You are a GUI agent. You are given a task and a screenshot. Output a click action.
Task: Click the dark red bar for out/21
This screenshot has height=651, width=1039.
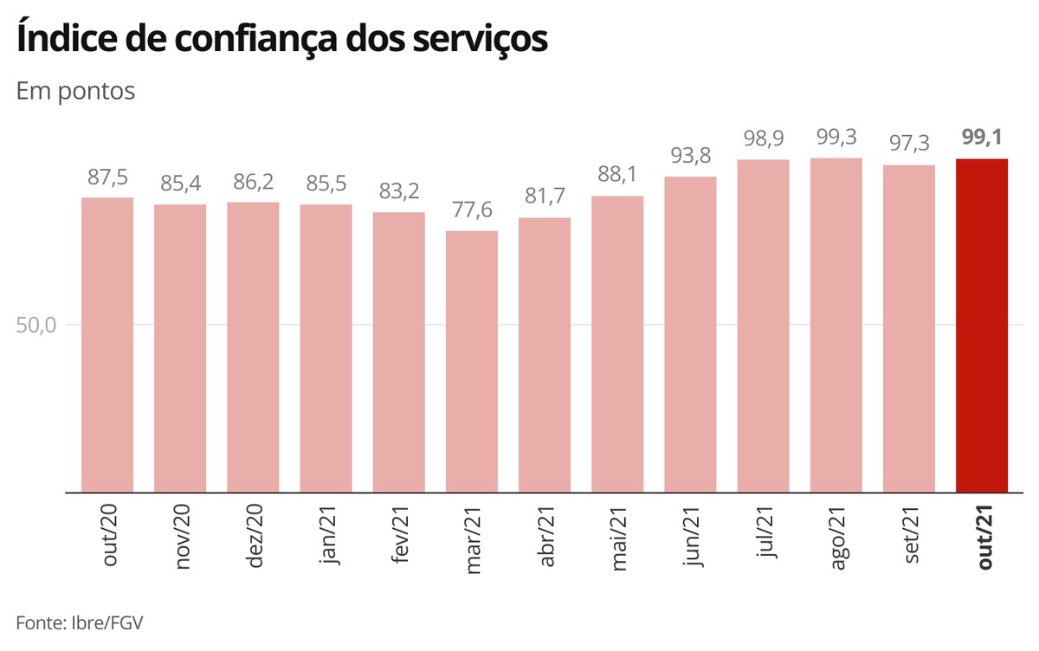point(981,325)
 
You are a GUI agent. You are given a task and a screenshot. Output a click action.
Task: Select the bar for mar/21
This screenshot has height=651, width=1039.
point(472,361)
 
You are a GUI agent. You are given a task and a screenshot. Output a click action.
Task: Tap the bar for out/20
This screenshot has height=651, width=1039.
point(107,345)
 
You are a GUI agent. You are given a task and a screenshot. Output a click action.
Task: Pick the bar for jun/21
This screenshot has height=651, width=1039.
point(690,334)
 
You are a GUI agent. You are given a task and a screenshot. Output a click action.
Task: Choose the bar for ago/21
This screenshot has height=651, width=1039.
point(836,325)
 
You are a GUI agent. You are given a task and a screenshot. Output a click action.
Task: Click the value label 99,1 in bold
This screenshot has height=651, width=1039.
point(981,138)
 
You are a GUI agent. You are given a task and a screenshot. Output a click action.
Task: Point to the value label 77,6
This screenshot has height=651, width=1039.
point(472,209)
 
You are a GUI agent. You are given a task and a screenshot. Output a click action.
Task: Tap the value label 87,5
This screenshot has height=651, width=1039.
point(107,177)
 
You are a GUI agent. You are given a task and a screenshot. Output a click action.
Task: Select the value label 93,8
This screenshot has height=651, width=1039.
point(690,156)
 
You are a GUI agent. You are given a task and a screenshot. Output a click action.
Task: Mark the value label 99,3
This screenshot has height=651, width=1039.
point(836,137)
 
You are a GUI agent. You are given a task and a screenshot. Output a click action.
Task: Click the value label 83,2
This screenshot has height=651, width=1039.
point(399,191)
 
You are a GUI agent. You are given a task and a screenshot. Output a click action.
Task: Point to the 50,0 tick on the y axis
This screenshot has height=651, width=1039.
point(36,325)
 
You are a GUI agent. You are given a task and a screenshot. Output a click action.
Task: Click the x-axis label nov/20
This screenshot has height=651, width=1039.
point(182,538)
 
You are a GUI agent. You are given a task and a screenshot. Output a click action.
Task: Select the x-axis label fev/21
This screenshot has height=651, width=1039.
point(400,538)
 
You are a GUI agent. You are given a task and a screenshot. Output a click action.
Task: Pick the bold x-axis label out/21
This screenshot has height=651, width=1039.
point(983,538)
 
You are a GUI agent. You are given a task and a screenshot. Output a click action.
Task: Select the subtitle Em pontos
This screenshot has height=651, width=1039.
point(75,91)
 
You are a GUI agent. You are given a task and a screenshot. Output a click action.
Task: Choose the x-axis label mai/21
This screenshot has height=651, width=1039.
point(618,538)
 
